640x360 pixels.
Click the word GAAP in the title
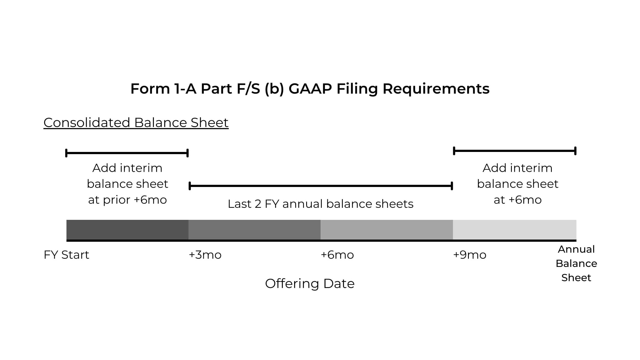[310, 89]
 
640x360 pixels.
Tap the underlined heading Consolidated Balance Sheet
[136, 122]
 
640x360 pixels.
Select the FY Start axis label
[66, 255]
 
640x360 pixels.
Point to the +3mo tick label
[205, 255]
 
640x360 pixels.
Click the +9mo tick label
[470, 255]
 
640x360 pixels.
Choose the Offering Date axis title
[310, 284]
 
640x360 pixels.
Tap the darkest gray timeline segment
[127, 230]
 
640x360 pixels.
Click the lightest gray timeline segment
[515, 230]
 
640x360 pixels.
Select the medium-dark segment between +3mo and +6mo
[254, 230]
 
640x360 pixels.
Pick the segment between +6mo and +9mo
[387, 230]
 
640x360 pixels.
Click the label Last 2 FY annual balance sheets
[320, 204]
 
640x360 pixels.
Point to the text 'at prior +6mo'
[127, 200]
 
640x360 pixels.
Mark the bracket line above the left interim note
[127, 153]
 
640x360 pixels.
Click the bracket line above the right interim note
[515, 151]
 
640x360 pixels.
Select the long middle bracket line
[321, 186]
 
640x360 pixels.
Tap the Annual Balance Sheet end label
[576, 263]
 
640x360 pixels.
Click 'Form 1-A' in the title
[163, 89]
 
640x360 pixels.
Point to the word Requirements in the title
[436, 89]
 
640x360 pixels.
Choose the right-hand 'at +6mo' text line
[518, 200]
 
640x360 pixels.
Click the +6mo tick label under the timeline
[337, 255]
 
